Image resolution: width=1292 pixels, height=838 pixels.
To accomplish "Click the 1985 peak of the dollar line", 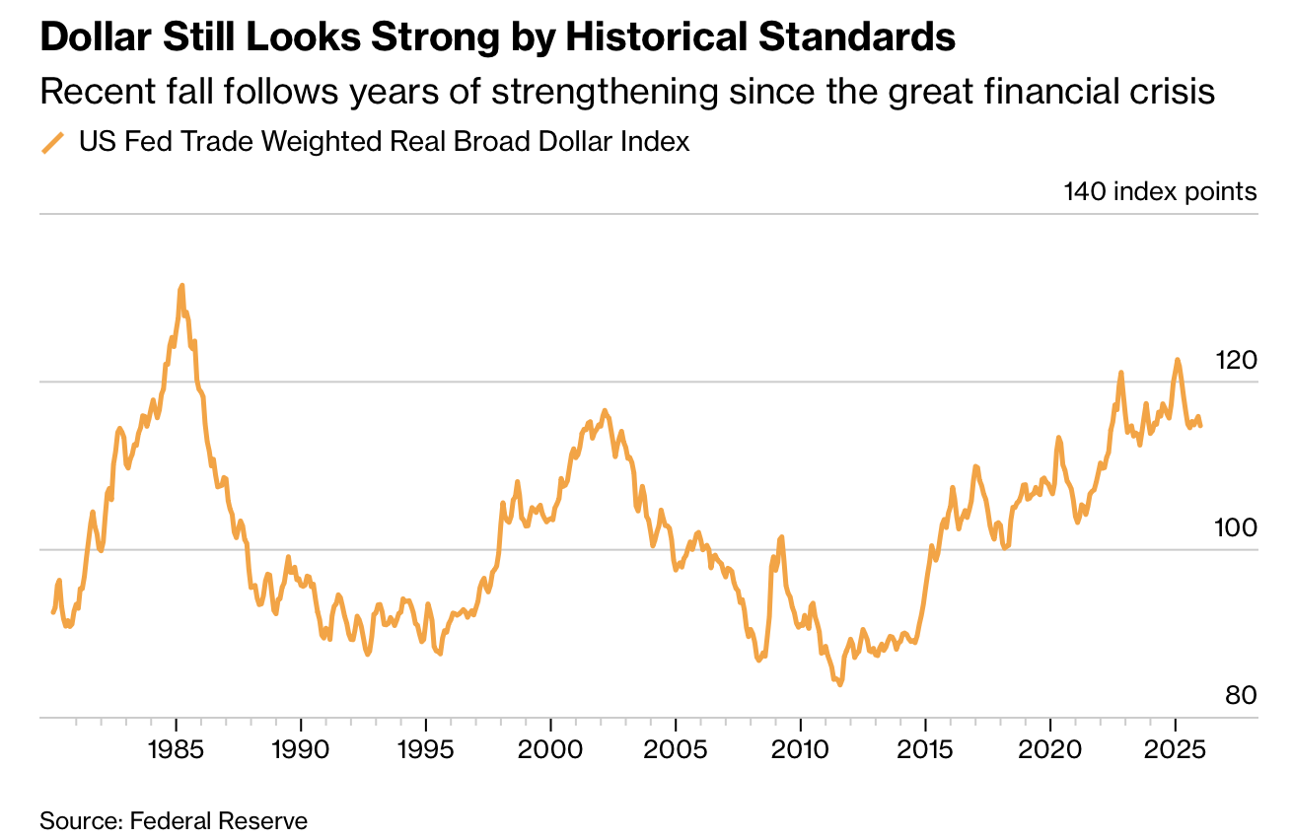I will [181, 286].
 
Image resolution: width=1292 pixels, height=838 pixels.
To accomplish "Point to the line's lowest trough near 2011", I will [839, 684].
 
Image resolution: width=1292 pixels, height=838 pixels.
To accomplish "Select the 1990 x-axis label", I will [300, 749].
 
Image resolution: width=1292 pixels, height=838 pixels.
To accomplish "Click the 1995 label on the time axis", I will [425, 749].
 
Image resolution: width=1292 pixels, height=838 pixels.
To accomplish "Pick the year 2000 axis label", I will [550, 749].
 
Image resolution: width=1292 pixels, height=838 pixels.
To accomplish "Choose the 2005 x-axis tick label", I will [676, 749].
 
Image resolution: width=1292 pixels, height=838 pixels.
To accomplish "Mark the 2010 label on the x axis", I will [800, 749].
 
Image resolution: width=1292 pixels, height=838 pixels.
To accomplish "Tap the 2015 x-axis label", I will [925, 749].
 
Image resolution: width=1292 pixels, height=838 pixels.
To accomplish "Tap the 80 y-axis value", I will [1242, 696].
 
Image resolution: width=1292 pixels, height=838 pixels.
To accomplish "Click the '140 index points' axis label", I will [1160, 191].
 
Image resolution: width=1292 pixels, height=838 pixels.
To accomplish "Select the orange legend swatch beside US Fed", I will [52, 143].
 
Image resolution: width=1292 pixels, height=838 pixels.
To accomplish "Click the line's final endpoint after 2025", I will [1200, 425].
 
